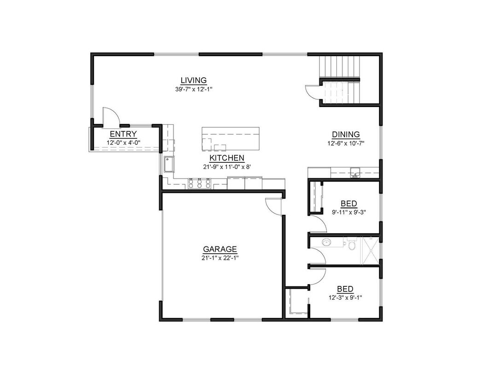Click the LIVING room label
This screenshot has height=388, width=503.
point(193,80)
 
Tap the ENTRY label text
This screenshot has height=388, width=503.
point(123,134)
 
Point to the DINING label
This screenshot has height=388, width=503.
point(346,135)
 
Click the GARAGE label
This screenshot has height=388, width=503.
point(220,250)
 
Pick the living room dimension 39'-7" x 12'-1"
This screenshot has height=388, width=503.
point(193,89)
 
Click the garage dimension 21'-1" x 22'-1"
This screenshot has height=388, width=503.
point(220,257)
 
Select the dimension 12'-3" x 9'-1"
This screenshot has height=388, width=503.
point(345,297)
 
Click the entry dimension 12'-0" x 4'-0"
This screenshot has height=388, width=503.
point(123,143)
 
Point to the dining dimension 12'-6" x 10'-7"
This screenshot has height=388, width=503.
point(346,143)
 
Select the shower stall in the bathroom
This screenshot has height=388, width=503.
point(370,250)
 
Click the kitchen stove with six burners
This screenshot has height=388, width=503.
point(200,184)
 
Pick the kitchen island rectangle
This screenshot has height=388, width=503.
point(230,139)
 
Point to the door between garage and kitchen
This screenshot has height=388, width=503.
point(274,205)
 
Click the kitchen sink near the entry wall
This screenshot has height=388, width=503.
point(168,164)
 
